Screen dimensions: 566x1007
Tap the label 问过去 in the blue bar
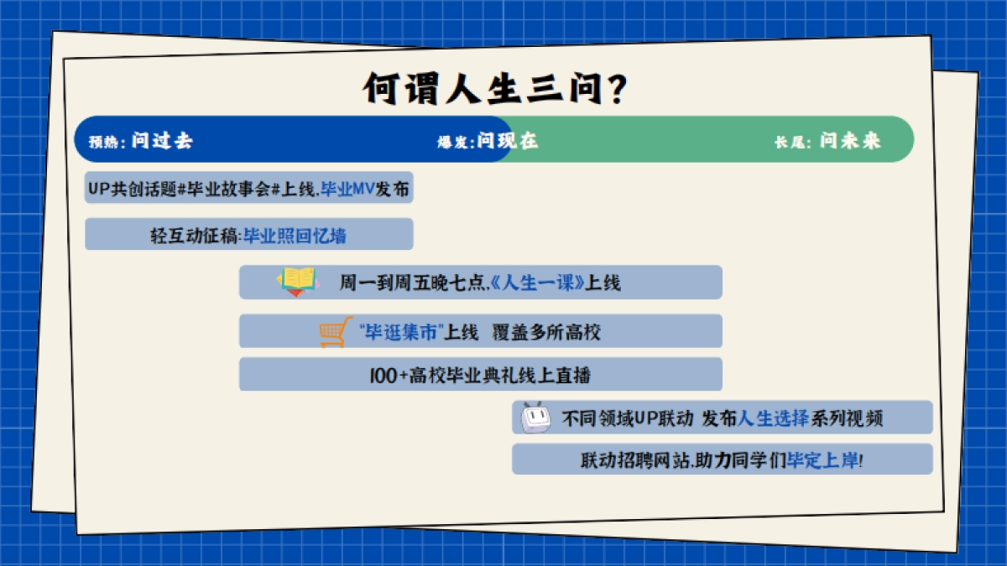(162, 141)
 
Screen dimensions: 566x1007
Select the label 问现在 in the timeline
(508, 141)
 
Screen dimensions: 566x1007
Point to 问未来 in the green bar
(850, 141)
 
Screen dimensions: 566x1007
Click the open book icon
(298, 281)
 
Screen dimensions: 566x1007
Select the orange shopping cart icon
(333, 332)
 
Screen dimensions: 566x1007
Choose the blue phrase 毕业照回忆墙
(295, 236)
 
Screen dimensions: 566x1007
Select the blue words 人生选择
(772, 418)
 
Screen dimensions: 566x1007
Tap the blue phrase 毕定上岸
(822, 460)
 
